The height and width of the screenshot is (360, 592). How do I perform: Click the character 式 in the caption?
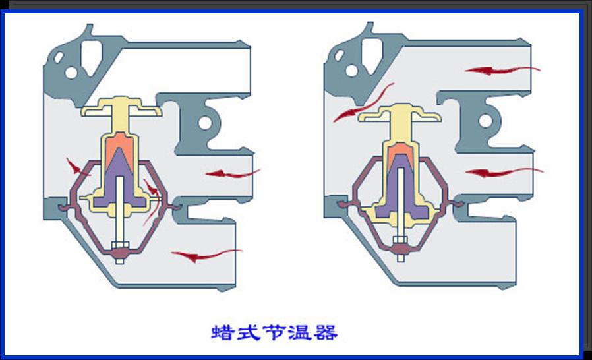pyautogui.click(x=249, y=332)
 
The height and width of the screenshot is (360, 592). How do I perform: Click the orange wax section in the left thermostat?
pyautogui.click(x=119, y=145)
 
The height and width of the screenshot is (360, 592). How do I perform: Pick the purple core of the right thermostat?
pyautogui.click(x=401, y=191)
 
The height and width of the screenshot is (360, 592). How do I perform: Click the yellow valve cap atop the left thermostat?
pyautogui.click(x=122, y=108)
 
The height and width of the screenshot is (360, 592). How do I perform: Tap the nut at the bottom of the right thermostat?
pyautogui.click(x=400, y=247)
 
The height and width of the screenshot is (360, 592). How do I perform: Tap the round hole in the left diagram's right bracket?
pyautogui.click(x=205, y=123)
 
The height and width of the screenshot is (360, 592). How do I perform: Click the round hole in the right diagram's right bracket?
pyautogui.click(x=486, y=120)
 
